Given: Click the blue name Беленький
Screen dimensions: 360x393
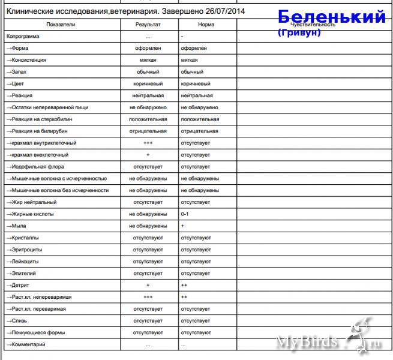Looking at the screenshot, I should click(x=332, y=17).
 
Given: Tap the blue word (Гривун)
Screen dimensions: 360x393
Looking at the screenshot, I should click(x=299, y=32).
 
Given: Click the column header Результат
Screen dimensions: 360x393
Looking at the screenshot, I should click(x=148, y=25).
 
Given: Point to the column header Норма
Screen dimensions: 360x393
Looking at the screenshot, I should click(x=206, y=25).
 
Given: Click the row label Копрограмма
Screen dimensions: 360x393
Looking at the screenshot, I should click(x=23, y=37).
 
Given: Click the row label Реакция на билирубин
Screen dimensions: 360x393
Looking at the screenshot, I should click(x=38, y=131).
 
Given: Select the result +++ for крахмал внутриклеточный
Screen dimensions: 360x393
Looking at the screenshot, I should click(x=148, y=143).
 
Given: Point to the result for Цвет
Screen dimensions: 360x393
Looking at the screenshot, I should click(x=148, y=84).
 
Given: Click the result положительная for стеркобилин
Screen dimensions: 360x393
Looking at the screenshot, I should click(x=148, y=119).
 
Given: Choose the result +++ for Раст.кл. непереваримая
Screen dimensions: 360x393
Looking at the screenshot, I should click(x=148, y=297).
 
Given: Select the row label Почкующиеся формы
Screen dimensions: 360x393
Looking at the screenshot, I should click(x=35, y=332).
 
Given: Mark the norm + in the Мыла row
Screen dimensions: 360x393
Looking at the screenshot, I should click(x=182, y=226).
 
